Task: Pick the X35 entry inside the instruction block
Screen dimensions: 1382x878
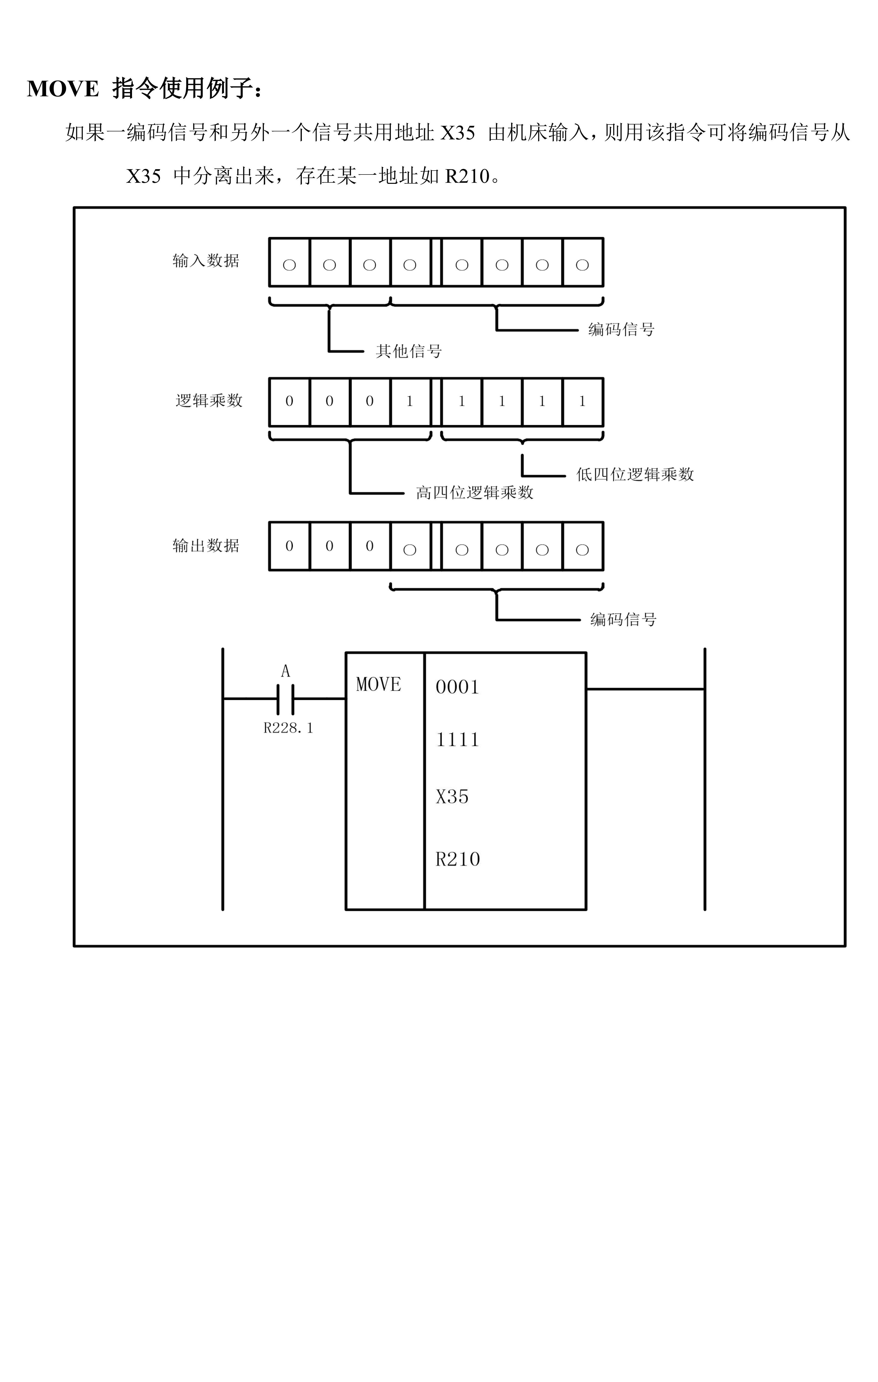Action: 452,797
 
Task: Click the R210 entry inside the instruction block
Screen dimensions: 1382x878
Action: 457,859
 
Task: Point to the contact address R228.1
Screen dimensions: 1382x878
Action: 288,728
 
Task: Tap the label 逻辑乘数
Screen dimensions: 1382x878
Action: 209,401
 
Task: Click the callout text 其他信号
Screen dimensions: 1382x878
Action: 409,351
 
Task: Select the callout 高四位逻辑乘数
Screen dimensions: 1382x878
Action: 475,492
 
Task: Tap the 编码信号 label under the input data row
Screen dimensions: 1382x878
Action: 622,329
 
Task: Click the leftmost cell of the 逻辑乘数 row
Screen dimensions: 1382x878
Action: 289,402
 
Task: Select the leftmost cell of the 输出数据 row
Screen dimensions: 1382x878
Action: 289,546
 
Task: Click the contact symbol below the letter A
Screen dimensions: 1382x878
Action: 285,699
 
